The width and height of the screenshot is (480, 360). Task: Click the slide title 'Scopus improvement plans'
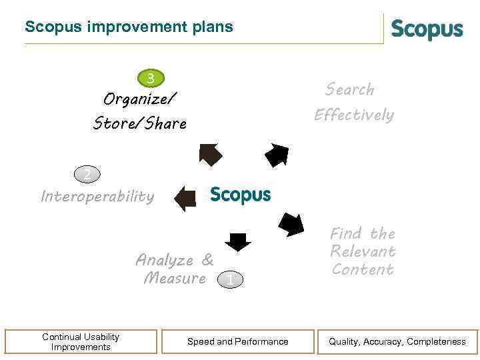[129, 27]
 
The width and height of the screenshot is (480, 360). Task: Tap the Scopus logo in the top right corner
[427, 30]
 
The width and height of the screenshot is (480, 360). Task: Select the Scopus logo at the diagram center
[240, 195]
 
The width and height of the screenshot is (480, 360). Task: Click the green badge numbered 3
[151, 79]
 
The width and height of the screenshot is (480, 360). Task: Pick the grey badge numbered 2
[87, 175]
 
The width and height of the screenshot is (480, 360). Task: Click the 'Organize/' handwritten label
[140, 100]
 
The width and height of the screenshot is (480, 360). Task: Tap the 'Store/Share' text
[140, 123]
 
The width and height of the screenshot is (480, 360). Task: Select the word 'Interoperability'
[97, 197]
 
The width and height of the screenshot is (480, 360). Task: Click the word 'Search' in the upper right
[350, 89]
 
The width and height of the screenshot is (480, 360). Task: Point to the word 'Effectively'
[354, 115]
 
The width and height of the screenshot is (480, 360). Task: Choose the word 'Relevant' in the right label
[363, 251]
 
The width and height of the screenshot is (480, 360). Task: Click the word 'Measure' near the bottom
[175, 279]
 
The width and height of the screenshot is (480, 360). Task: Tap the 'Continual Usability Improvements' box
[81, 341]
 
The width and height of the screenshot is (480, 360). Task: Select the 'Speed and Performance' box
[238, 341]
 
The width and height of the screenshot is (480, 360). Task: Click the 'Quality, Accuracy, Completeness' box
[397, 341]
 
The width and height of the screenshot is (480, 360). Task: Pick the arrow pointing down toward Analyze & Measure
[237, 241]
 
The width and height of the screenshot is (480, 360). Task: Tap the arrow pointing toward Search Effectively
[277, 155]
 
